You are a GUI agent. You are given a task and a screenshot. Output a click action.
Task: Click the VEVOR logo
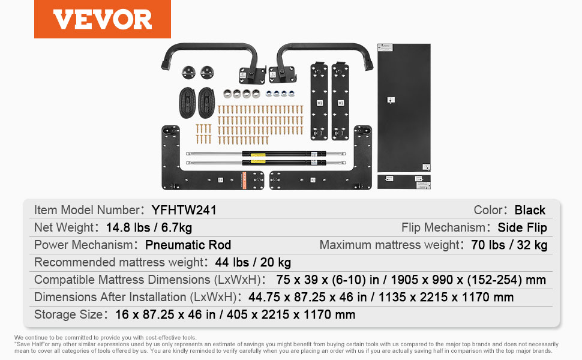[x=103, y=19]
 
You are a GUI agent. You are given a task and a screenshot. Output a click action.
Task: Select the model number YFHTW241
[x=184, y=210]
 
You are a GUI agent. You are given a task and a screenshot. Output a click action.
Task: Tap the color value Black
[x=530, y=210]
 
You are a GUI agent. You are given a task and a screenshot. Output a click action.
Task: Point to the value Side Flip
[x=522, y=227]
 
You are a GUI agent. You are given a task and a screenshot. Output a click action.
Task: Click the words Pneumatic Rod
[x=188, y=245]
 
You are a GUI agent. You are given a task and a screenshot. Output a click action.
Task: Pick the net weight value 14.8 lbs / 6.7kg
[x=149, y=227]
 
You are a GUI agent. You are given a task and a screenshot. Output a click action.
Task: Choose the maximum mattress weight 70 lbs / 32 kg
[x=509, y=245]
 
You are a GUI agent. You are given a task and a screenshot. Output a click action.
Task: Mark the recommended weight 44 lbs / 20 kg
[x=253, y=262]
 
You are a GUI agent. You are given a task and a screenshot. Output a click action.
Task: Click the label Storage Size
[x=68, y=315]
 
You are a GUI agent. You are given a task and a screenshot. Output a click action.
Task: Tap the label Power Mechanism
[x=83, y=245]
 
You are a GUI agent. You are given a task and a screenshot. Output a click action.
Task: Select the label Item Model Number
[x=87, y=210]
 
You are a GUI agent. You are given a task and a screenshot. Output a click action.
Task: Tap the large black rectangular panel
[x=404, y=107]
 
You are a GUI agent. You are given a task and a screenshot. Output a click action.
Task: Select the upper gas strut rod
[x=266, y=154]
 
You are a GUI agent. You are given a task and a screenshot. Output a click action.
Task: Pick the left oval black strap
[x=187, y=103]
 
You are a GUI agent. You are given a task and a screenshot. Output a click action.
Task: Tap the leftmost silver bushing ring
[x=227, y=94]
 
